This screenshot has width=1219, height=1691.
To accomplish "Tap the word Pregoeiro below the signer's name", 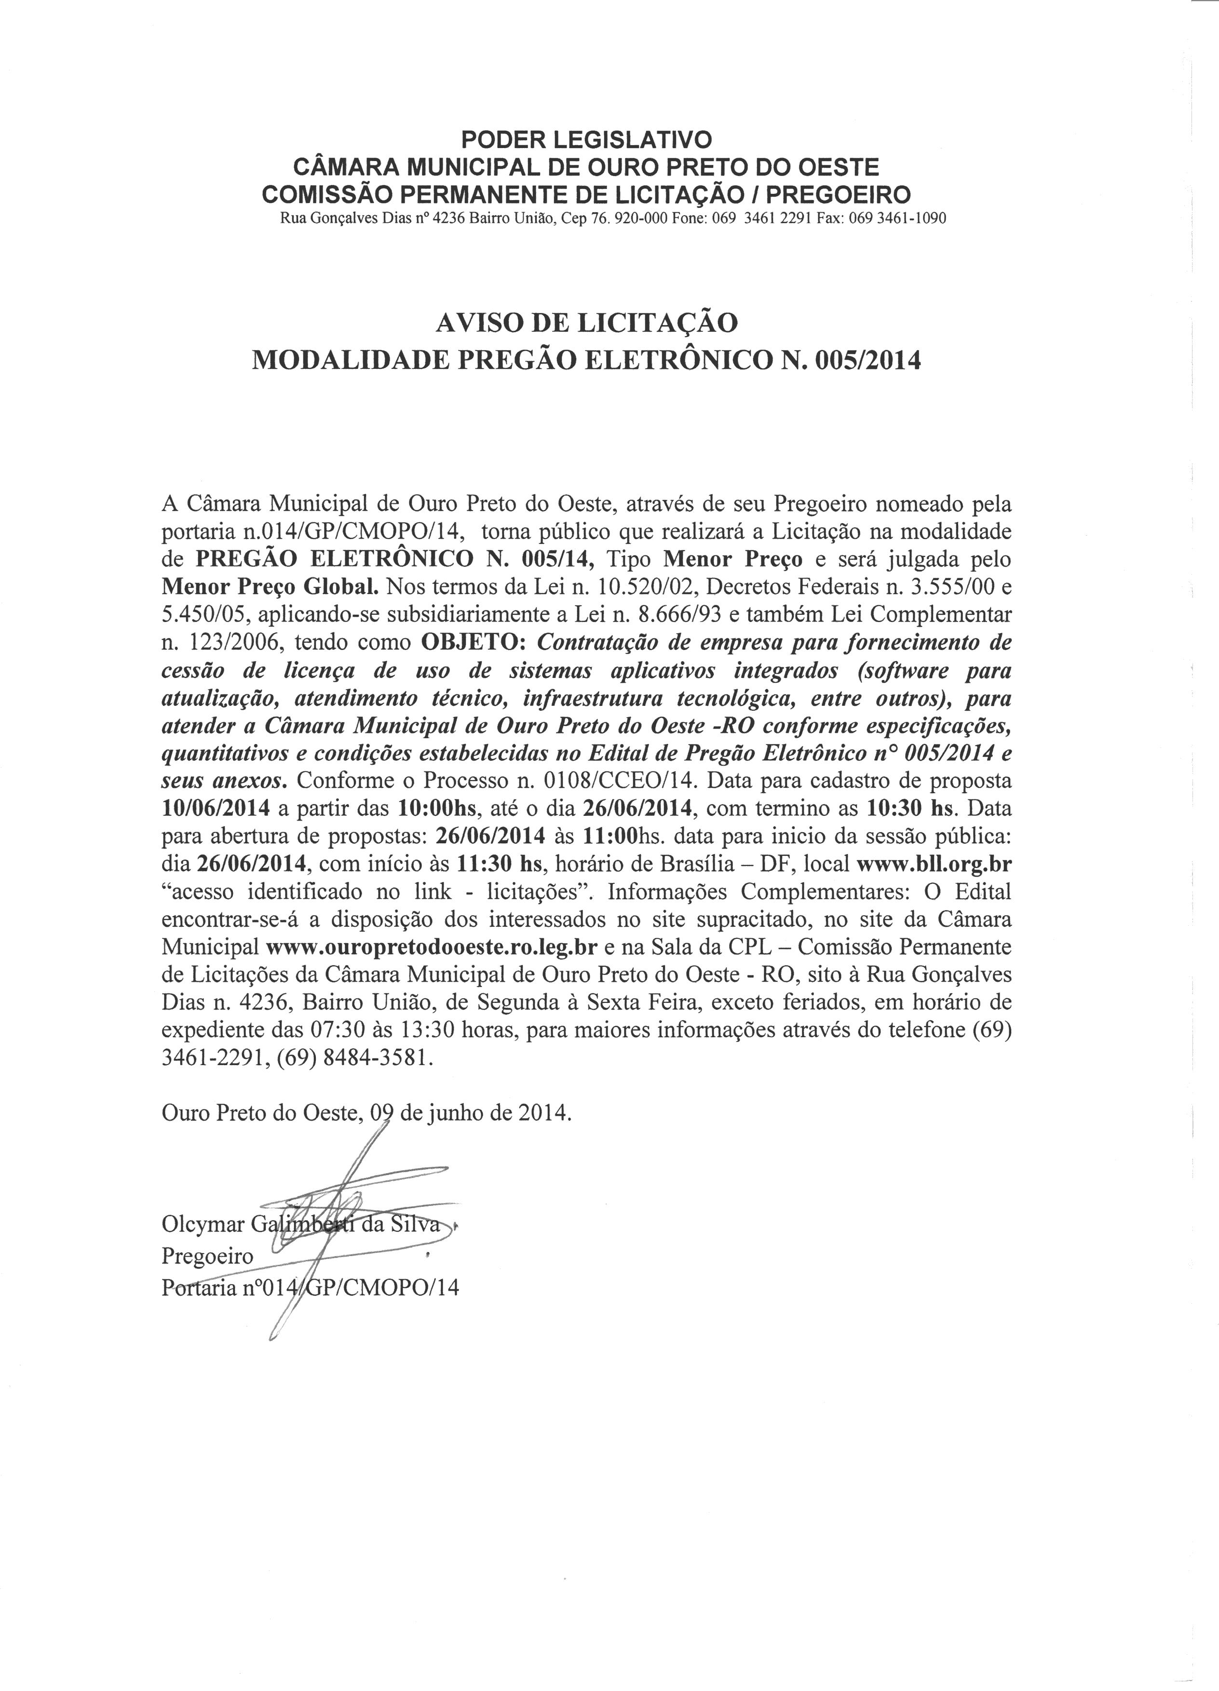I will click(x=207, y=1257).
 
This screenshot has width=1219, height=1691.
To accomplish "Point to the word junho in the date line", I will click(x=463, y=1113).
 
